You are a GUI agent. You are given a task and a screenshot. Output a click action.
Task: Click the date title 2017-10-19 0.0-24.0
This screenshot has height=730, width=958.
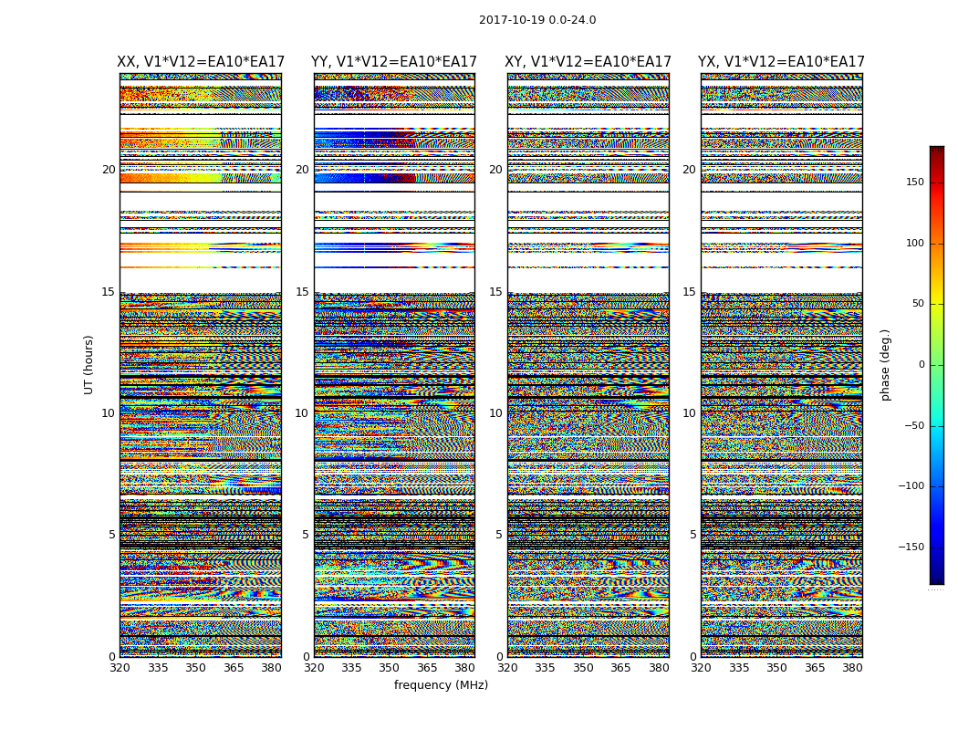pos(537,20)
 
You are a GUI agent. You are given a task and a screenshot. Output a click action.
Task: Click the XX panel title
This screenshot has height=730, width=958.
pos(201,62)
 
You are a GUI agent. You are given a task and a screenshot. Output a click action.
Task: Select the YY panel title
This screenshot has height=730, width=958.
pos(394,62)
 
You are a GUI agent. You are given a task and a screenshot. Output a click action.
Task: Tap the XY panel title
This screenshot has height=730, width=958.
pos(588,62)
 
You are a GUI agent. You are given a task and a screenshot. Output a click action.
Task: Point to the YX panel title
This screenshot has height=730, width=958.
pos(781,62)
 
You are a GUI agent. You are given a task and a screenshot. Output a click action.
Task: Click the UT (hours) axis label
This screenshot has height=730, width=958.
pos(89,364)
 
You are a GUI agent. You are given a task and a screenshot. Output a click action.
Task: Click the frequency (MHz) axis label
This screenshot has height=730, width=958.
pos(441,685)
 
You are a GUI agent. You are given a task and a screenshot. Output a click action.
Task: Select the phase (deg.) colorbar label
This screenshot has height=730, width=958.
pos(885,365)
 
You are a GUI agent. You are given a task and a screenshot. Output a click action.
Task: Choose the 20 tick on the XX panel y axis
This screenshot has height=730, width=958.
pos(109,170)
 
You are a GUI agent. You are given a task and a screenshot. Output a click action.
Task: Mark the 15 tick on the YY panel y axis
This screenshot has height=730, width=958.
pos(302,292)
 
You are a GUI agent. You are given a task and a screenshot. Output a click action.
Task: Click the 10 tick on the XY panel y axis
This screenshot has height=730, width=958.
pos(495,413)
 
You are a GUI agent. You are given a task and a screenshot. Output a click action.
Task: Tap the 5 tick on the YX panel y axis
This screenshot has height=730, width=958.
pos(692,535)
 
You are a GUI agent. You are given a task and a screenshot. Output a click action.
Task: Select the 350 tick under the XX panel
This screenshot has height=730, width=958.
pos(196,668)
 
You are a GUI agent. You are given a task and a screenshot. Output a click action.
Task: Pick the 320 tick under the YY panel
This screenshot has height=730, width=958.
pos(314,668)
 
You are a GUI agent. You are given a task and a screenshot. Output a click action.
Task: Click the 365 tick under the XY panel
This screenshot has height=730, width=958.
pos(620,668)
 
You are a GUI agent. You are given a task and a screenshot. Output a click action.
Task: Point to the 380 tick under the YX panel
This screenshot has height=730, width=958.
pos(852,668)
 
